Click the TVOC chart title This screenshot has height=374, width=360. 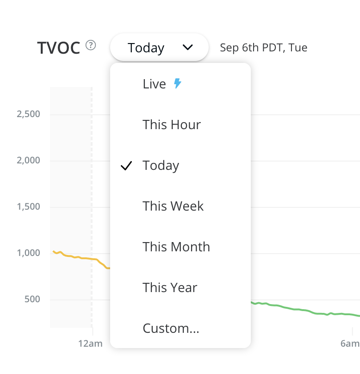coord(59,48)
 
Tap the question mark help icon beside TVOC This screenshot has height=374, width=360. coord(91,45)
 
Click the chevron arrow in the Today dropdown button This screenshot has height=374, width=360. coord(187,47)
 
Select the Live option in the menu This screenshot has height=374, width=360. coord(154,84)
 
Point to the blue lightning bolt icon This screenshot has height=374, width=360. coord(177,84)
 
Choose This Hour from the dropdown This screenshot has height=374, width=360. coord(172,125)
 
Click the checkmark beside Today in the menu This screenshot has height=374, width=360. coord(126,166)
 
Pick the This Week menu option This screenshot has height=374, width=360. coord(173,206)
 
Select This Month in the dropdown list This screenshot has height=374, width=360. coord(176,247)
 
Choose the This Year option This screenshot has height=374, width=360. coord(170,287)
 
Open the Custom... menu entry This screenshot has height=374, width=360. coord(171,328)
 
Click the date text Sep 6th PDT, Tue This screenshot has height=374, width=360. coord(263,48)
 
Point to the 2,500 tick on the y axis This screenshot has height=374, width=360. coord(29,114)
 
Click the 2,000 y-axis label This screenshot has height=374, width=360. coord(29,161)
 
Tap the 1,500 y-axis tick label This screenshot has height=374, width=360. coord(29,207)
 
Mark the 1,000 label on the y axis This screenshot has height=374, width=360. coord(29,253)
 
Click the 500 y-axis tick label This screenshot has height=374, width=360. coord(32,299)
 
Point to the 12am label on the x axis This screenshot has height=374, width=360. coord(90,343)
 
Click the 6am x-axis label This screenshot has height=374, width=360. coord(350,343)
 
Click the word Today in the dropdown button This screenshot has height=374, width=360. coord(146,48)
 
